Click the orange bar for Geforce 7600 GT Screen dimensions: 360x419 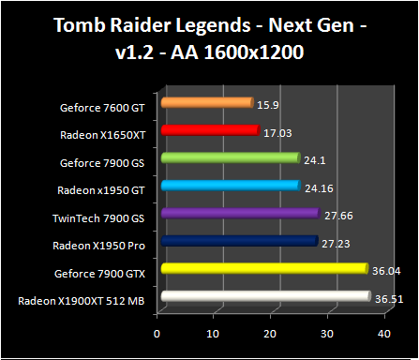coord(207,102)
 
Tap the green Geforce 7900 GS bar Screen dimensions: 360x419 coord(230,158)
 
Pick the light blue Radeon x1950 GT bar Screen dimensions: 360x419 coord(230,186)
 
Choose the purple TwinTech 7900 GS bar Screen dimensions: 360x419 coord(240,214)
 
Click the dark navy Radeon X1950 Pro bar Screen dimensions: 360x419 coord(239,242)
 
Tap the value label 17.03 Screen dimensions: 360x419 coord(276,131)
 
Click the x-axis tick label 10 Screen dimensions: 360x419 coord(215,333)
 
